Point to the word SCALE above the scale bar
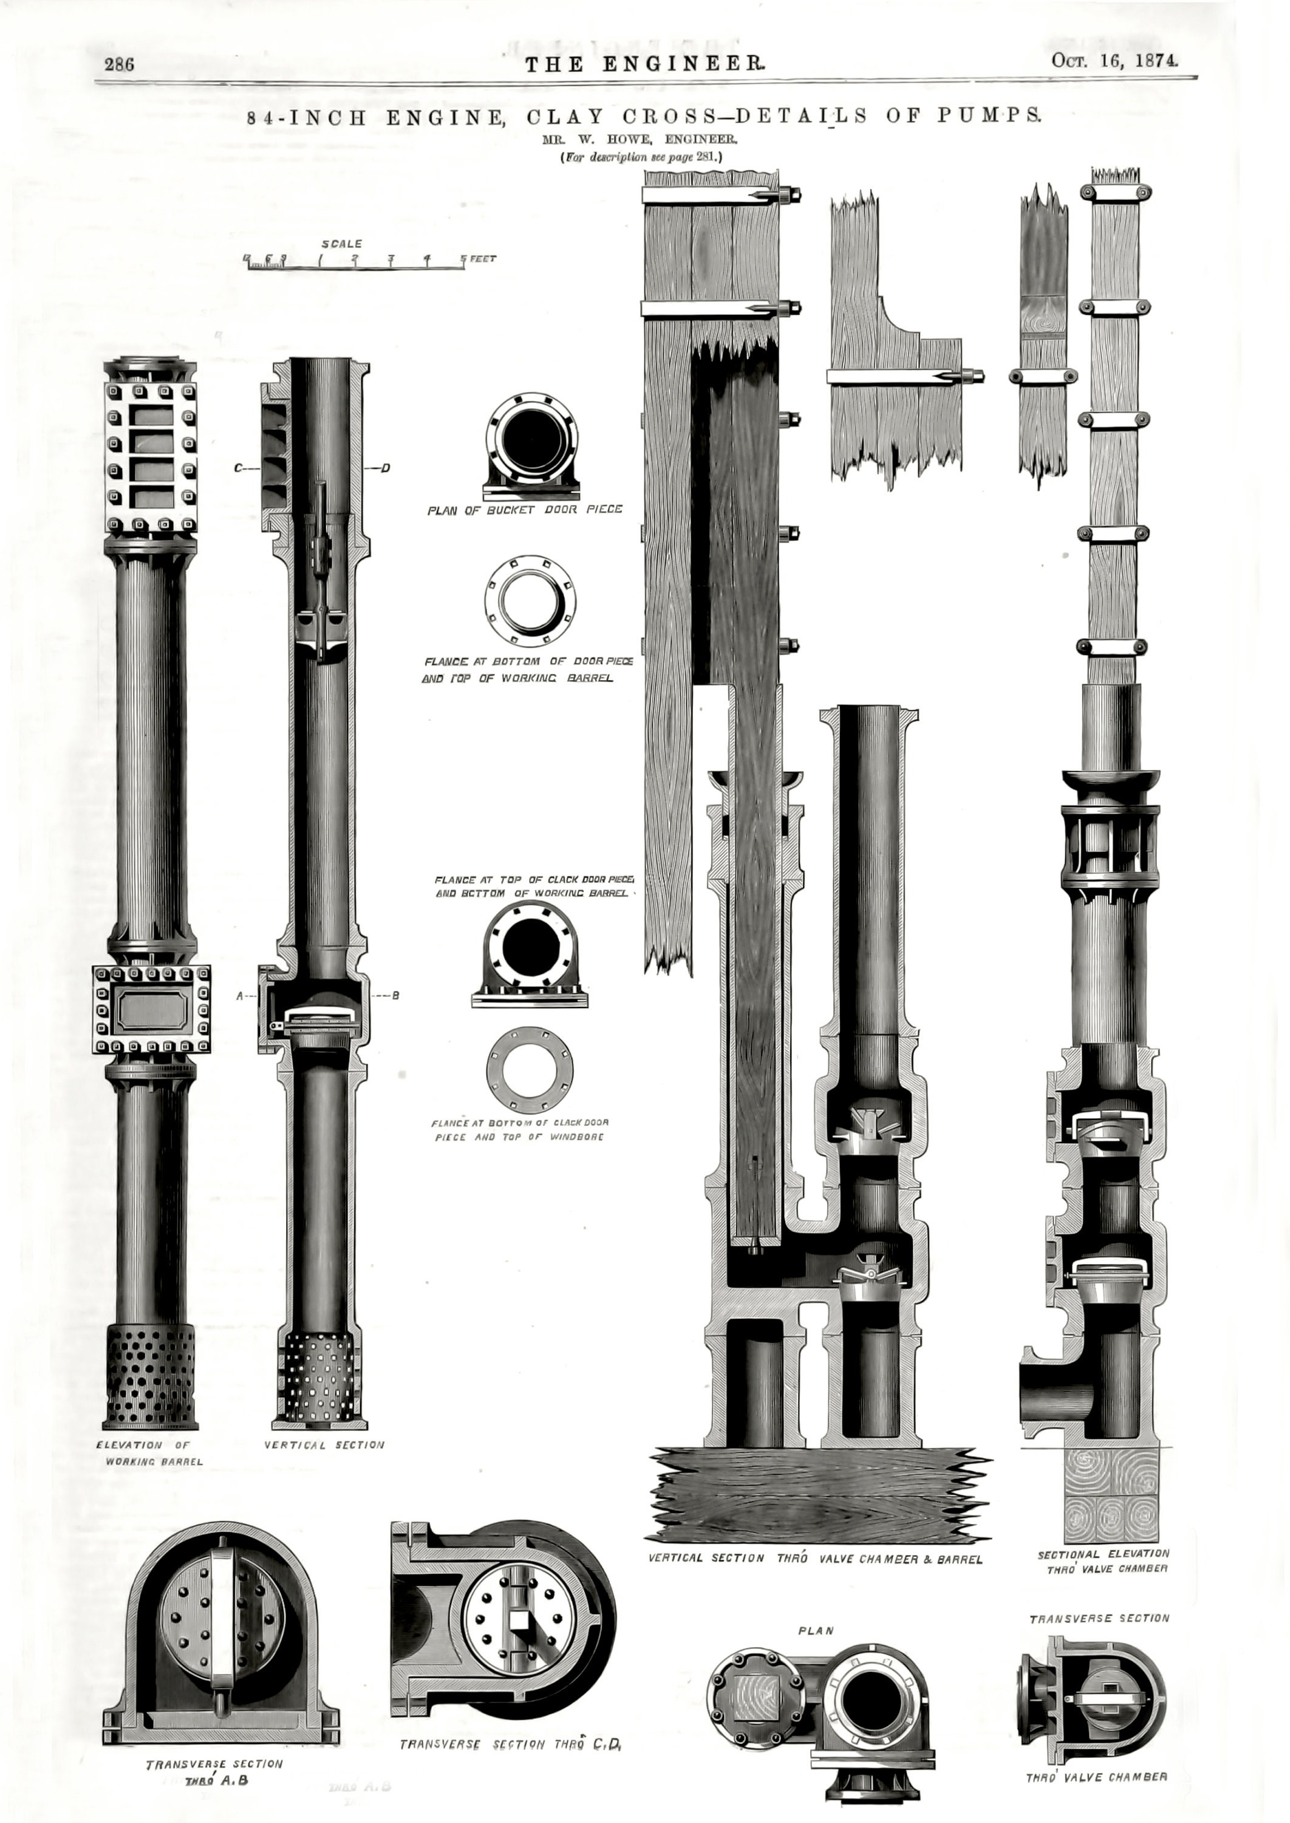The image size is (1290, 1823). (x=341, y=244)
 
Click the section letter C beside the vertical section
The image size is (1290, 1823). (x=237, y=469)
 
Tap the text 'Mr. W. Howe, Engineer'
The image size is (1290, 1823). (x=641, y=139)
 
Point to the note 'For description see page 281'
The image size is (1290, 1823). (x=641, y=157)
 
